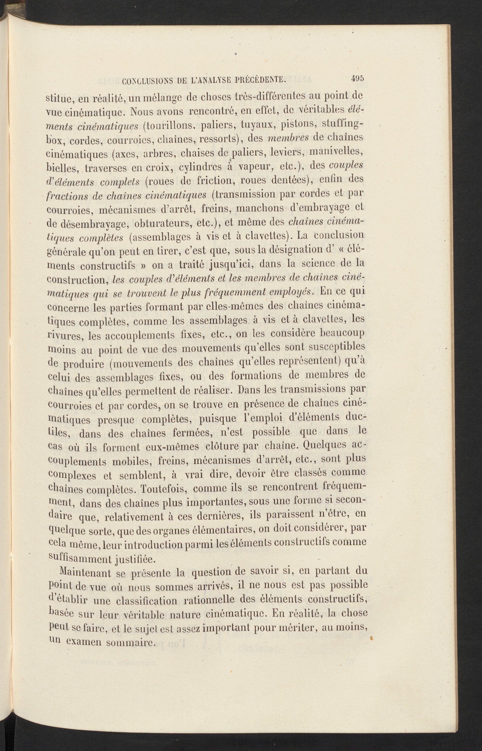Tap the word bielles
(62, 169)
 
